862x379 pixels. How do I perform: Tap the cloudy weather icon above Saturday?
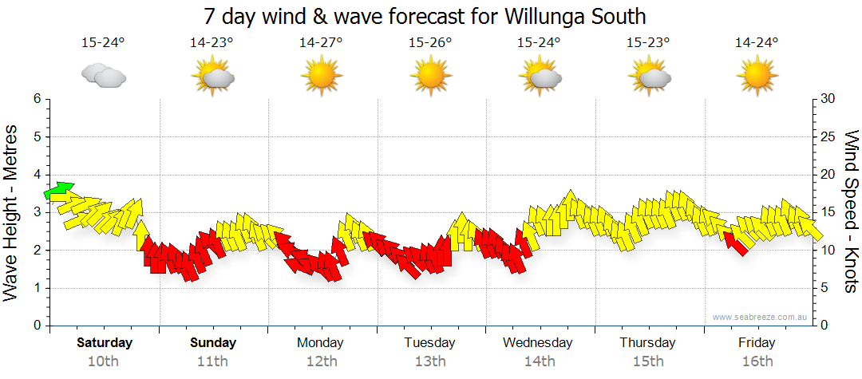(x=103, y=76)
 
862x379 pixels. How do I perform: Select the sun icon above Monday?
(x=321, y=76)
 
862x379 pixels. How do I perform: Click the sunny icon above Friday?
(x=757, y=76)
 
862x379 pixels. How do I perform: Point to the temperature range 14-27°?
(x=321, y=42)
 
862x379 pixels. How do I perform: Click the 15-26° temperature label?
(x=430, y=42)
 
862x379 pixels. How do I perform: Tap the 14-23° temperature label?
(x=212, y=42)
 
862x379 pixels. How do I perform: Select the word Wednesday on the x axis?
(x=538, y=342)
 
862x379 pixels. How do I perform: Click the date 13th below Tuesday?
(x=430, y=361)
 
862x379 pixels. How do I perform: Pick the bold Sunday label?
(x=213, y=342)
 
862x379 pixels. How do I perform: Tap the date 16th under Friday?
(x=757, y=361)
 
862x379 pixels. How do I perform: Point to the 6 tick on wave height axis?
(x=36, y=99)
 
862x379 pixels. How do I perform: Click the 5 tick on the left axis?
(x=36, y=136)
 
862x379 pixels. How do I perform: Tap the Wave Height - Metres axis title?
(x=13, y=212)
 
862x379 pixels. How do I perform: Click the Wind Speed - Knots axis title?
(x=851, y=212)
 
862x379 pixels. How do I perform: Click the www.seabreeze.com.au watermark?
(x=761, y=317)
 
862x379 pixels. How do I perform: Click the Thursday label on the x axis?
(x=647, y=342)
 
